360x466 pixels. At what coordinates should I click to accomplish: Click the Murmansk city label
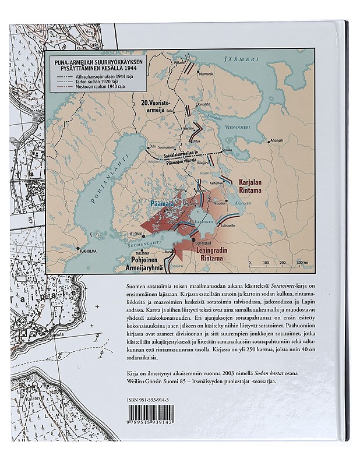pos(207,75)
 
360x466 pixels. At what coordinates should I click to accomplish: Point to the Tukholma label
pos(89,252)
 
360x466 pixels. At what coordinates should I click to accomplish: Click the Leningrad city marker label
pos(203,243)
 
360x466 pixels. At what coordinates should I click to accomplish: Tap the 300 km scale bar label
pos(302,263)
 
